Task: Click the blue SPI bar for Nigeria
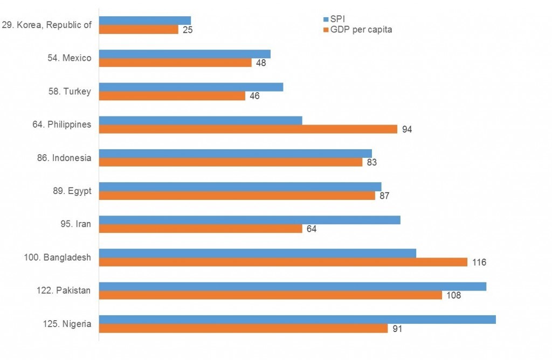tap(298, 320)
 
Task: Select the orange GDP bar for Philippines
tap(248, 129)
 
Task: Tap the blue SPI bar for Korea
tap(145, 21)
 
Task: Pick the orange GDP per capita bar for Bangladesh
tap(284, 262)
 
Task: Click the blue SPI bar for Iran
tap(250, 220)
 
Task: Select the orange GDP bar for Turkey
tap(172, 96)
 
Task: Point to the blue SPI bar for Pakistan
tap(293, 287)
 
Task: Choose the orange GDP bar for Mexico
tap(175, 63)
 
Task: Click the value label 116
tap(479, 262)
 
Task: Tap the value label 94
tap(407, 129)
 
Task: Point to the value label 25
tap(188, 30)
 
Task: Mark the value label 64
tap(312, 229)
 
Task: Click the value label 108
tap(454, 295)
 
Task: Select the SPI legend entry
tap(334, 19)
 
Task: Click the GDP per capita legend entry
tap(358, 30)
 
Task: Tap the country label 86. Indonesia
tap(64, 158)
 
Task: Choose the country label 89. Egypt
tap(72, 191)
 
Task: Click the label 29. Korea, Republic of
tap(46, 25)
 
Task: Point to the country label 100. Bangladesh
tap(57, 257)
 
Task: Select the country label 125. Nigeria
tap(67, 324)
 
